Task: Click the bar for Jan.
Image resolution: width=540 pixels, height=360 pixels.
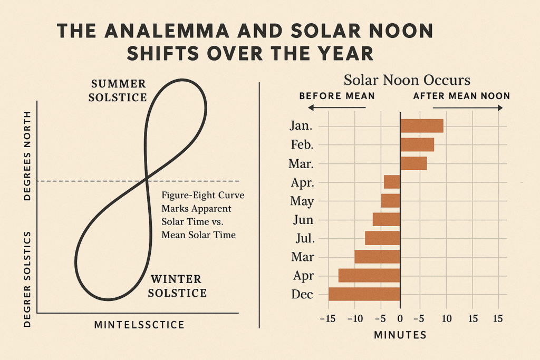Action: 421,126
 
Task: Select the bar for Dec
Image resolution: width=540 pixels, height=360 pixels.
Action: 364,294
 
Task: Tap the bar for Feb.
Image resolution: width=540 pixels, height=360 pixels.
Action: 417,144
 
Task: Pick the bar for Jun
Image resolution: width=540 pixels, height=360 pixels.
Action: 387,220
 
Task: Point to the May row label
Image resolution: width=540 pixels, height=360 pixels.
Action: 302,201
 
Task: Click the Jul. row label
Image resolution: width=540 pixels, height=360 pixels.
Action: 305,238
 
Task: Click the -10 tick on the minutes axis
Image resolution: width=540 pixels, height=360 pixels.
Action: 355,319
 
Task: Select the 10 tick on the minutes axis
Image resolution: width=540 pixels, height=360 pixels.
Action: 446,319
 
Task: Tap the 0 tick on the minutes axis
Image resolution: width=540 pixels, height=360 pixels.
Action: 400,319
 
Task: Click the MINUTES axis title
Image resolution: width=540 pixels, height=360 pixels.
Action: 400,335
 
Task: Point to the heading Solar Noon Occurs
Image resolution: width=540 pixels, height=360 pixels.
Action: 407,80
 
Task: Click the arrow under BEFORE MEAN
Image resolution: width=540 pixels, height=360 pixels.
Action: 336,108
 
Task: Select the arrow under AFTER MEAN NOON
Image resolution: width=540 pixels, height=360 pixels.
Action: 468,108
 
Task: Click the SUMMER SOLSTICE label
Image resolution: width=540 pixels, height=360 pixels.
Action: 118,91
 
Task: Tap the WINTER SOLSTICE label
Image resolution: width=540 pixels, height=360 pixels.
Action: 177,286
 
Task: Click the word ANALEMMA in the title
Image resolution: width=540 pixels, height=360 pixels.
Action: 167,31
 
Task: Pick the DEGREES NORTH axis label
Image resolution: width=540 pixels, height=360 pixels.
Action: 27,156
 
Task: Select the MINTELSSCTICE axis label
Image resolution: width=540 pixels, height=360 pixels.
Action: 139,325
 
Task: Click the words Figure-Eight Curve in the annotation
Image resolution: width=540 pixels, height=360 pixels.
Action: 203,195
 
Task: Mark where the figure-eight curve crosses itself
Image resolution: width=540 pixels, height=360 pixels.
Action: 147,179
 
